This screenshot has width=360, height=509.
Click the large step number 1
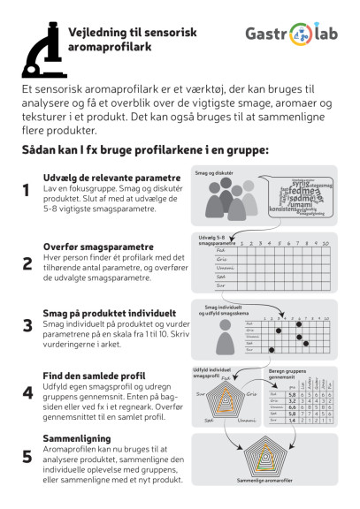(27, 191)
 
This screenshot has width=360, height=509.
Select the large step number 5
(27, 457)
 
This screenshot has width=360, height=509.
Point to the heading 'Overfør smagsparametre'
(87, 247)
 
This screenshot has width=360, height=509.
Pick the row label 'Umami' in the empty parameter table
(221, 270)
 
